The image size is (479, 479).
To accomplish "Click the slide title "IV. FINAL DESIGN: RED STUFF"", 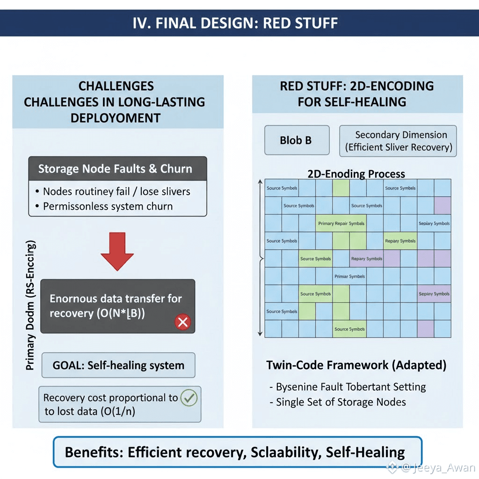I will [235, 23].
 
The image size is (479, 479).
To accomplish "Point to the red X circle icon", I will [182, 322].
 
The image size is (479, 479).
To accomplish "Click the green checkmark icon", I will [188, 398].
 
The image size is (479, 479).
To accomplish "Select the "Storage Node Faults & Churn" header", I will [117, 169].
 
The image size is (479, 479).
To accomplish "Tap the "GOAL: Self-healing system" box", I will [118, 365].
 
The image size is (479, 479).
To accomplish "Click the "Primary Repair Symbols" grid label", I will [341, 224].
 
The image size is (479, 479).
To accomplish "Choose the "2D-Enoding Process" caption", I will [356, 174].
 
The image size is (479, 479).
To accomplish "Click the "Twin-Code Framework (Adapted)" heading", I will [356, 365].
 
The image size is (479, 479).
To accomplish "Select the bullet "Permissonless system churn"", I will [108, 206].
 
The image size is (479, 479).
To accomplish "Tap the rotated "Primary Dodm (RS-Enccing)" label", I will [30, 306].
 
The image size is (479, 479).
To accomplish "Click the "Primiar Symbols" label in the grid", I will [349, 276].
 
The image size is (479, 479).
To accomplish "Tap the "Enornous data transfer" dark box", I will [117, 306].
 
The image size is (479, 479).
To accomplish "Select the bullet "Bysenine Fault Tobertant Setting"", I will [347, 387].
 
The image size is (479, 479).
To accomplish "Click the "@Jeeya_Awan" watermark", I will [433, 467].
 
